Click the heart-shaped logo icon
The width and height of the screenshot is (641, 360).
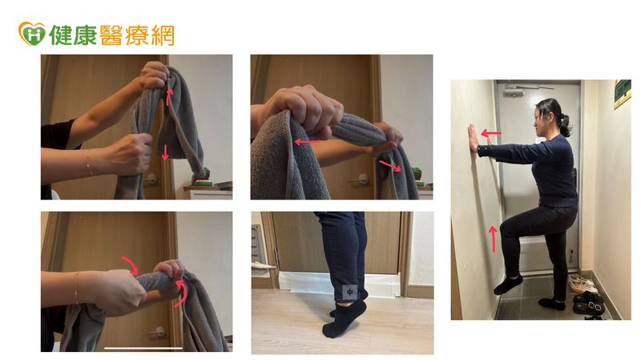(32, 34)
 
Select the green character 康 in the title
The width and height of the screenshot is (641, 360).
(86, 34)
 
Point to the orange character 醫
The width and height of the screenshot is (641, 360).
(111, 34)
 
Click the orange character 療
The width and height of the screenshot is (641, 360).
(136, 34)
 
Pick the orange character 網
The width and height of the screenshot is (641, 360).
(162, 34)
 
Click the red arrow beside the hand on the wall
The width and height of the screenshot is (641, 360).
(491, 133)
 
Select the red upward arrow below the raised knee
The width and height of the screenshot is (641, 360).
(493, 239)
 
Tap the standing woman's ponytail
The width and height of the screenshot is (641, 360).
(566, 126)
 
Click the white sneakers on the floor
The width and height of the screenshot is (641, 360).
(583, 284)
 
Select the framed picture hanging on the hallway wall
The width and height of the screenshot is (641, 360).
(622, 93)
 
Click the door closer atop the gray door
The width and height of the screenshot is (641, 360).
(514, 91)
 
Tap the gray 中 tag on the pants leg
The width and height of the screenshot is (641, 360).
(350, 293)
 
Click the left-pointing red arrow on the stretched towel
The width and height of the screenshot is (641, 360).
(307, 142)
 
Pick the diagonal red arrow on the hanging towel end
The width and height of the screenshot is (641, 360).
(390, 166)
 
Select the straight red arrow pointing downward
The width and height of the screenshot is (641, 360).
(165, 152)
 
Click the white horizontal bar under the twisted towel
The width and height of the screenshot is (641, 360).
(143, 348)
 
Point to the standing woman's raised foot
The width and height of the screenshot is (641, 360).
(508, 285)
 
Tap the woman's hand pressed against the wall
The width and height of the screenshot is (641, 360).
(474, 139)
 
